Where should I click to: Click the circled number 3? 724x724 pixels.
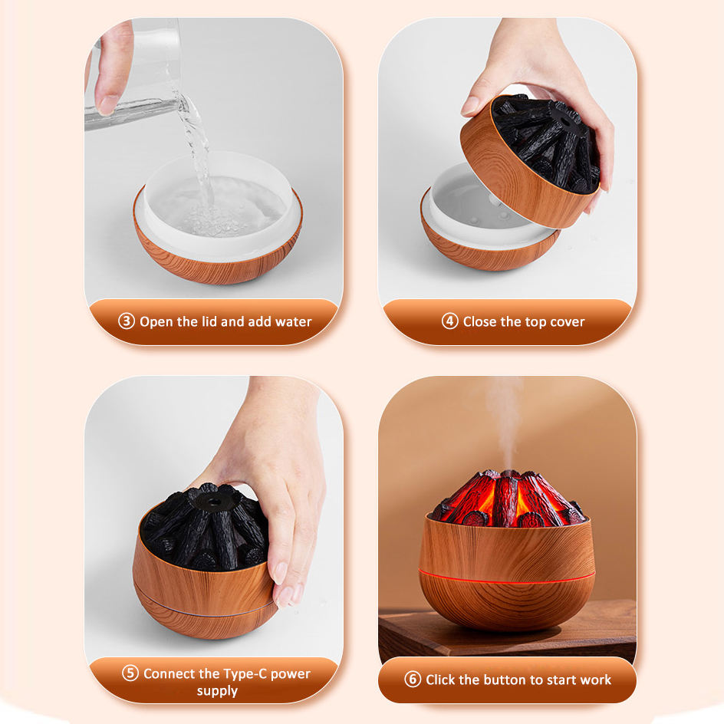(x=127, y=321)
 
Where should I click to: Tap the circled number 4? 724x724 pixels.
(x=450, y=321)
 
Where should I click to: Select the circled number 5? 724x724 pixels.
(x=130, y=674)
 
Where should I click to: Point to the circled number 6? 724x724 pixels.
(x=413, y=680)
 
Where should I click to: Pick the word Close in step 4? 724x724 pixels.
(x=482, y=321)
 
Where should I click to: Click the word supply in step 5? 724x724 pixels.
(x=217, y=691)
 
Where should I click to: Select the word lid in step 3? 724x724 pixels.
(x=207, y=321)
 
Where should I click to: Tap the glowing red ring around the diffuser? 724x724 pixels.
(x=506, y=575)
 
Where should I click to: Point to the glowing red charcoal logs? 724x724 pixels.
(x=506, y=499)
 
